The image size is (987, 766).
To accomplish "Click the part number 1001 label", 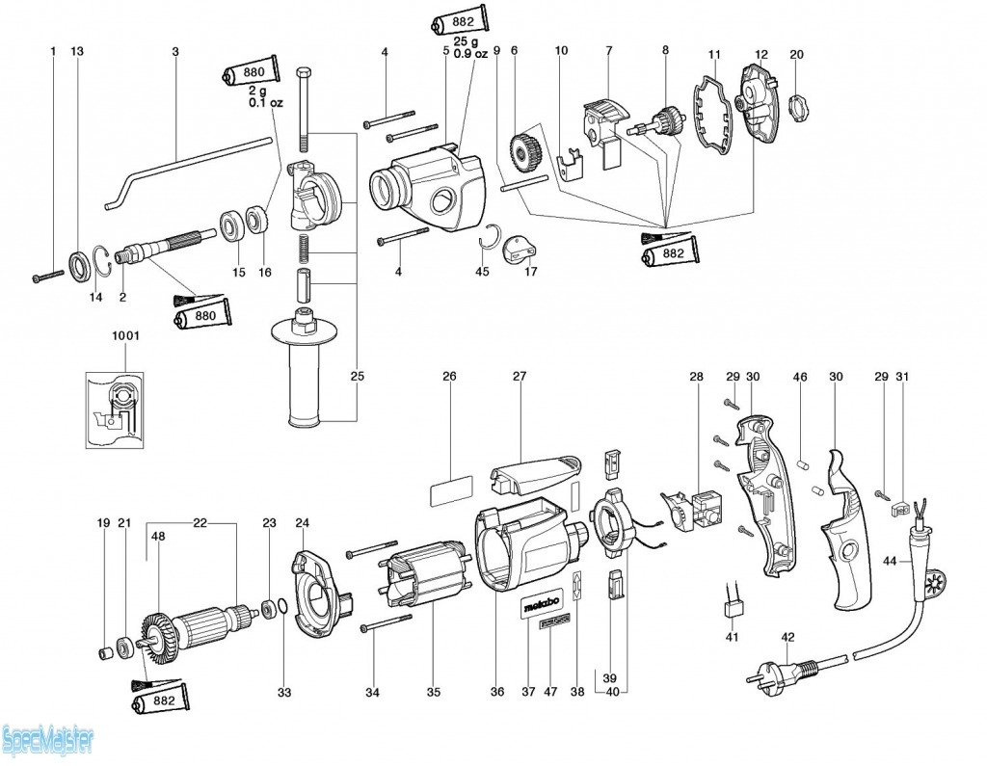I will click(124, 336).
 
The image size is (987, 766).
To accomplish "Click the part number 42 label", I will click(787, 636).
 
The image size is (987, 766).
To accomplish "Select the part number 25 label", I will click(358, 375).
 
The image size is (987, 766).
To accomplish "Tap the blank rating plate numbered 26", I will click(450, 490).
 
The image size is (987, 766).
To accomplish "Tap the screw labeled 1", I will click(46, 276).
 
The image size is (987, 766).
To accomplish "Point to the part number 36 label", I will click(497, 692).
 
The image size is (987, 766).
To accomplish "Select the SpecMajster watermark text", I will click(48, 741).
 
